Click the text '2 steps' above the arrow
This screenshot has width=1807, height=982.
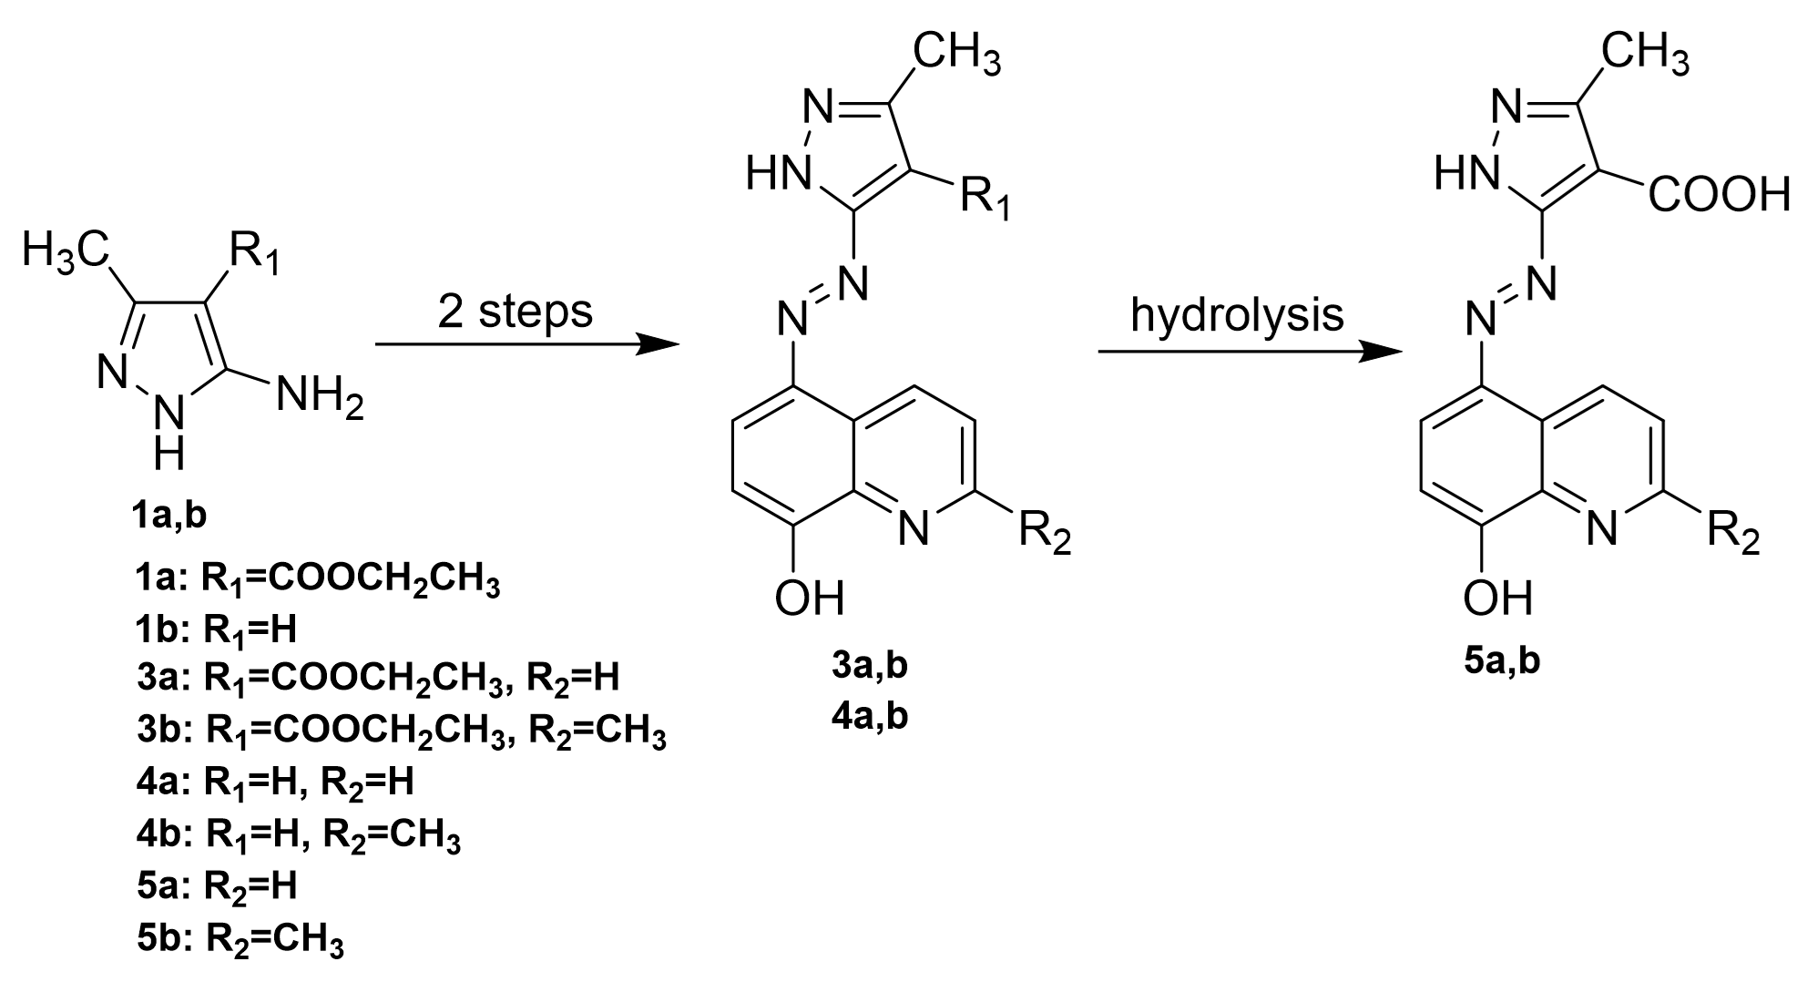point(515,312)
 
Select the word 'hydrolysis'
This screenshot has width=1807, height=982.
point(1237,315)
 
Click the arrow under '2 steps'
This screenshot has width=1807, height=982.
point(528,345)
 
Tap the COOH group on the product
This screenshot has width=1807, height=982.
point(1718,194)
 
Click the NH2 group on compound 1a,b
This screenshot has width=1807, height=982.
point(320,399)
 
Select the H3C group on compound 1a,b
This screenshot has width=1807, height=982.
point(66,249)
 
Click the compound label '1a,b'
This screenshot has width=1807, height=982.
point(168,516)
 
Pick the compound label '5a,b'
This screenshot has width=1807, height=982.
point(1502,660)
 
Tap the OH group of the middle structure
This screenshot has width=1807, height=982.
point(810,599)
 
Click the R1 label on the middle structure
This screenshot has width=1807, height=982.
point(986,199)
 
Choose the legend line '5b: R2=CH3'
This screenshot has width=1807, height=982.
point(240,937)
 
